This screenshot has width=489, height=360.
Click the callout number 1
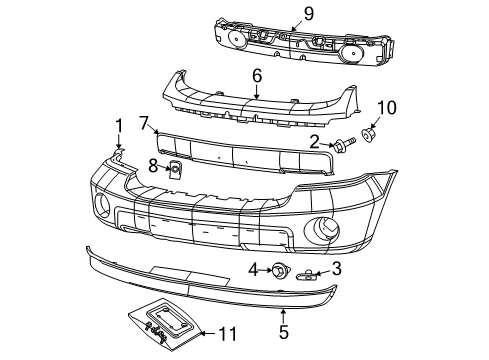(x=119, y=125)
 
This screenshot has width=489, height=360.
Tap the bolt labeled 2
(x=341, y=146)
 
